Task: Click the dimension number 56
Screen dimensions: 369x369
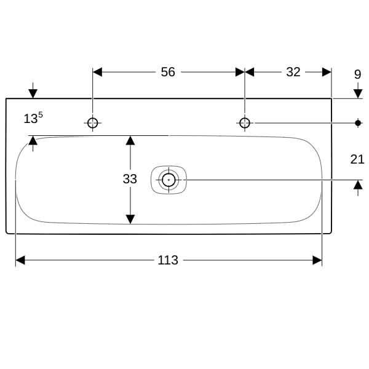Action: pyautogui.click(x=168, y=72)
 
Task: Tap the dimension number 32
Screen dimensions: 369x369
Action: pyautogui.click(x=293, y=72)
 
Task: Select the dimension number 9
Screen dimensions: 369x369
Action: pyautogui.click(x=357, y=74)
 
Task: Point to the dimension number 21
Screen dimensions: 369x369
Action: pyautogui.click(x=357, y=159)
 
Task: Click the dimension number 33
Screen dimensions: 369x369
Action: pyautogui.click(x=130, y=179)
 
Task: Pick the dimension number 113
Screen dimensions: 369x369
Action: pyautogui.click(x=168, y=260)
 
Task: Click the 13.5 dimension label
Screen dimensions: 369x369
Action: pyautogui.click(x=33, y=117)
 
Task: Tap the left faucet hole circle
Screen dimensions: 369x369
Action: pyautogui.click(x=92, y=123)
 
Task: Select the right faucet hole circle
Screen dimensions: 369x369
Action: pyautogui.click(x=245, y=123)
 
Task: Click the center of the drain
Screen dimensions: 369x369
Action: pyautogui.click(x=169, y=180)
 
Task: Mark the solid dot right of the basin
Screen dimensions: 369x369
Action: pyautogui.click(x=358, y=123)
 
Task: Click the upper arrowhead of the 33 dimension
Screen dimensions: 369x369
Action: pyautogui.click(x=130, y=140)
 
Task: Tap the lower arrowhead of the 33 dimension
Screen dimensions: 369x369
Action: pyautogui.click(x=130, y=219)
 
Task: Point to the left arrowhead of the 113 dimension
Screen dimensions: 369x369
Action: pyautogui.click(x=20, y=260)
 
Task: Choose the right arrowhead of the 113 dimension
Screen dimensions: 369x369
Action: pyautogui.click(x=317, y=260)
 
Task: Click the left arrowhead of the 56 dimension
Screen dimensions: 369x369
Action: pyautogui.click(x=97, y=72)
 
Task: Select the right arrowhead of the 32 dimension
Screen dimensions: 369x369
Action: pyautogui.click(x=327, y=72)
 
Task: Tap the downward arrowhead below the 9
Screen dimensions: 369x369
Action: pyautogui.click(x=358, y=94)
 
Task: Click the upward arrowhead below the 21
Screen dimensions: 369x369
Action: pyautogui.click(x=358, y=184)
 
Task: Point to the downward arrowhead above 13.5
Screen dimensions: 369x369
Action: pyautogui.click(x=33, y=94)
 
